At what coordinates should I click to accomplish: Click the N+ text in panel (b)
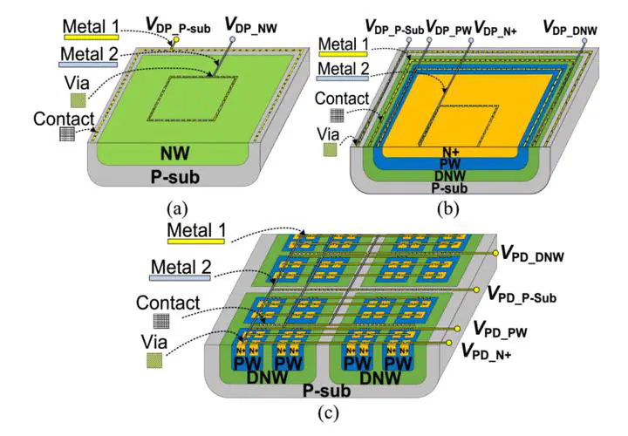[452, 151]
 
